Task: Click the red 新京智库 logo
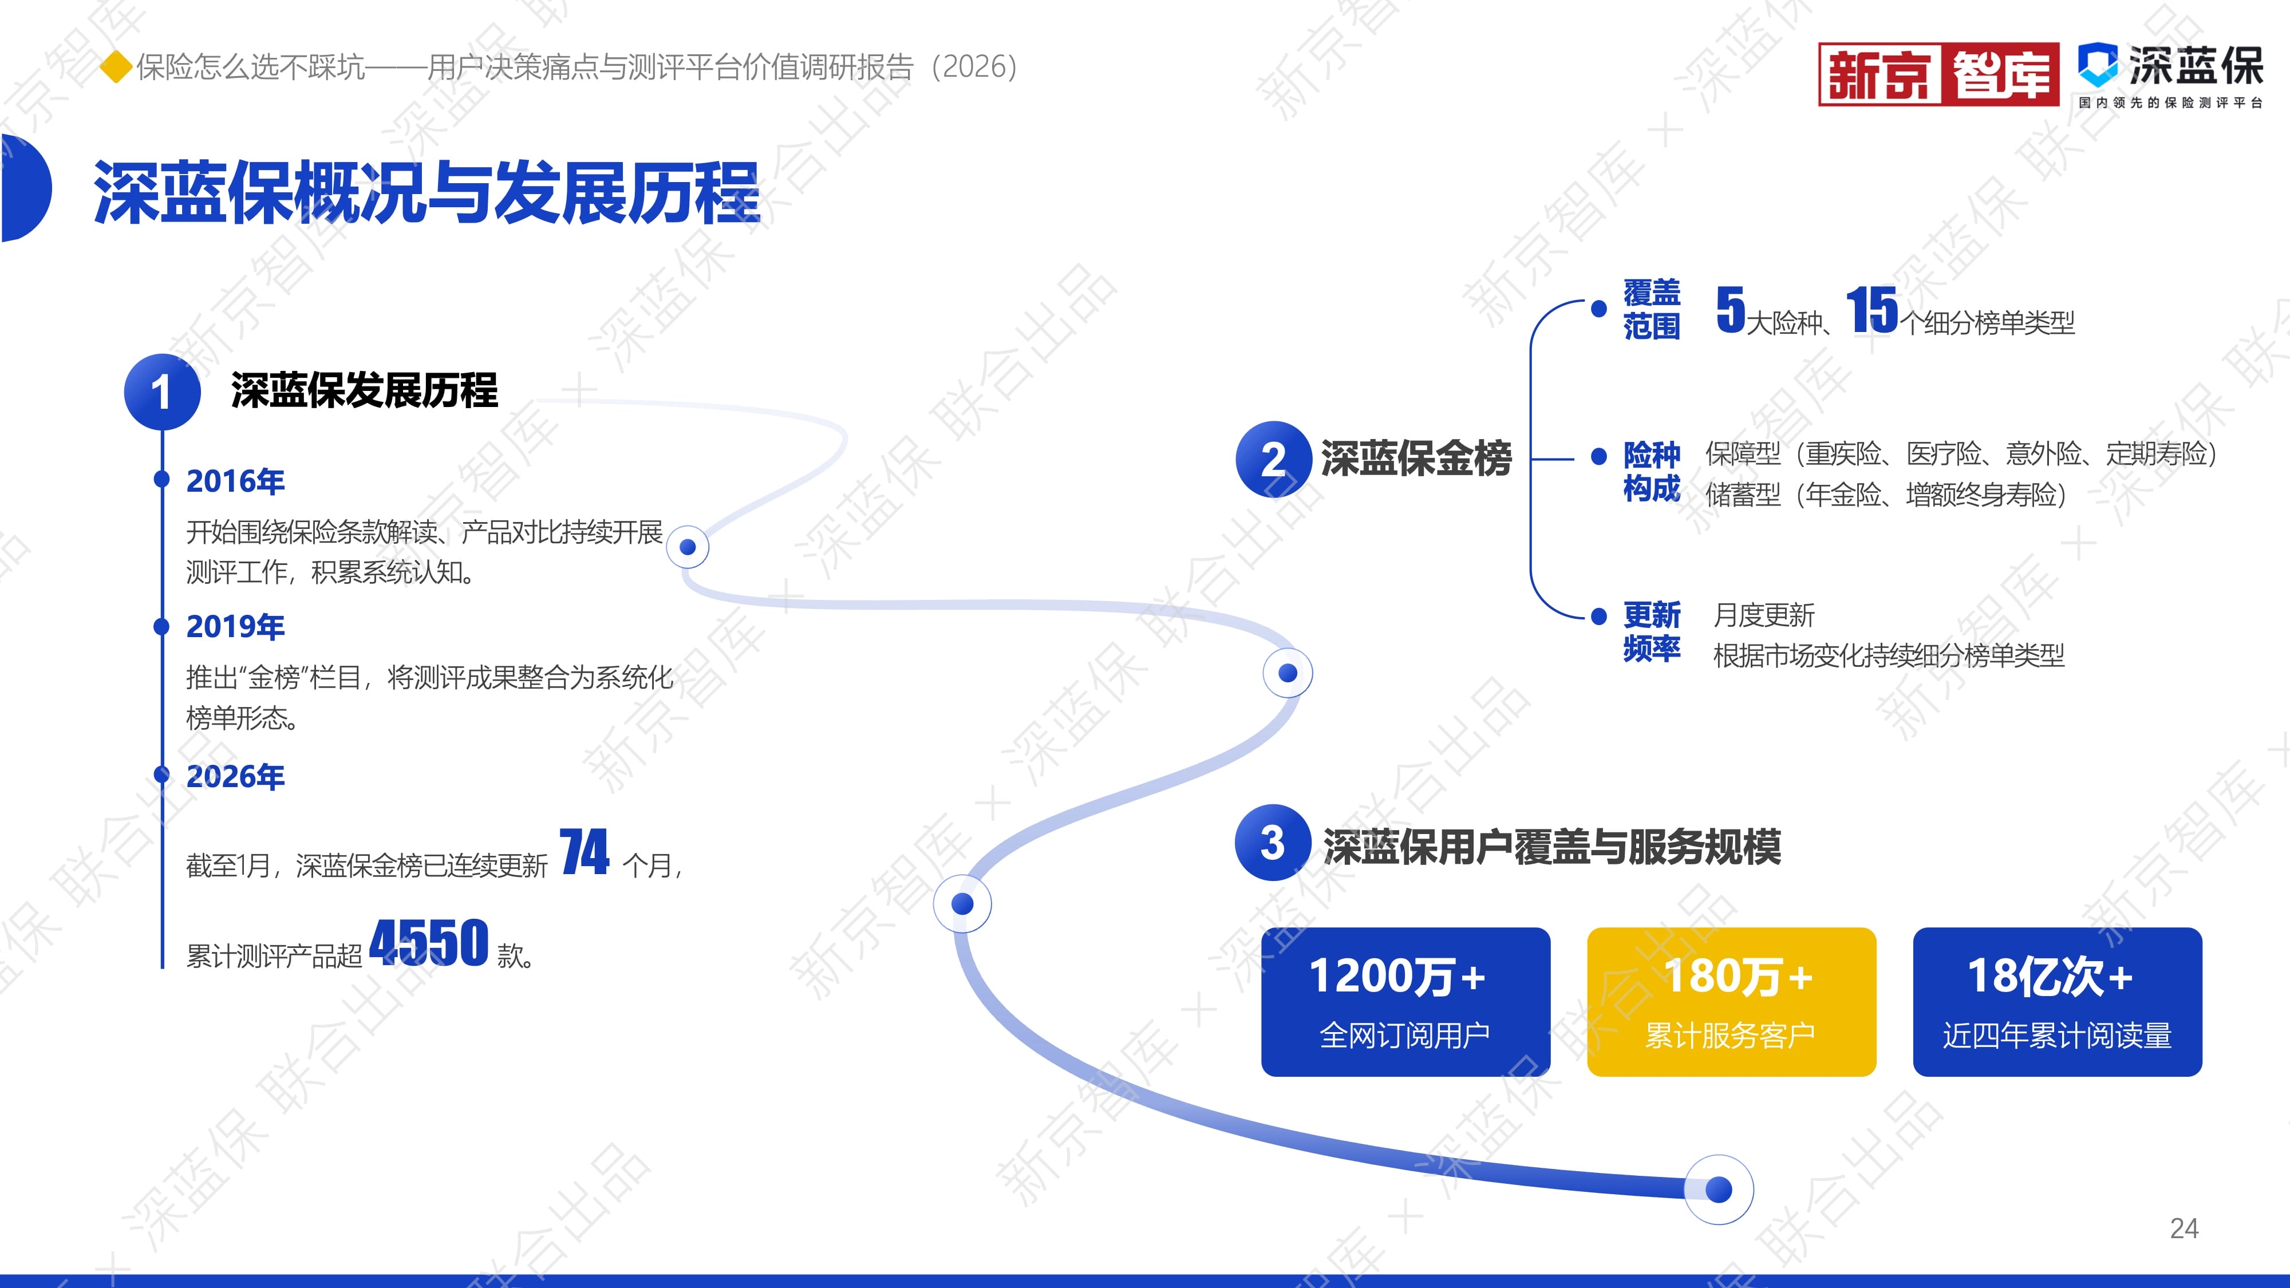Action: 1939,74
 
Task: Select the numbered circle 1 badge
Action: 162,392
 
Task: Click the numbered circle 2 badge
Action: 1274,459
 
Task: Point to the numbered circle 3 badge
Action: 1273,843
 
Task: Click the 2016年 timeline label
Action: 235,481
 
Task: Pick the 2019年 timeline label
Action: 235,627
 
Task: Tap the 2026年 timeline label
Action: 235,776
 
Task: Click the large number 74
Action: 585,852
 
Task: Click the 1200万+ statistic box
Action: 1405,1002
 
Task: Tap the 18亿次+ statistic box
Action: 2057,1002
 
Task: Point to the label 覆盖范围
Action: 1652,309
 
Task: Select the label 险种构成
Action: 1652,471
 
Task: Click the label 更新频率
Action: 1652,631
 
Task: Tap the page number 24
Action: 2184,1228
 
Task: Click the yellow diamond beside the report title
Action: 116,66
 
